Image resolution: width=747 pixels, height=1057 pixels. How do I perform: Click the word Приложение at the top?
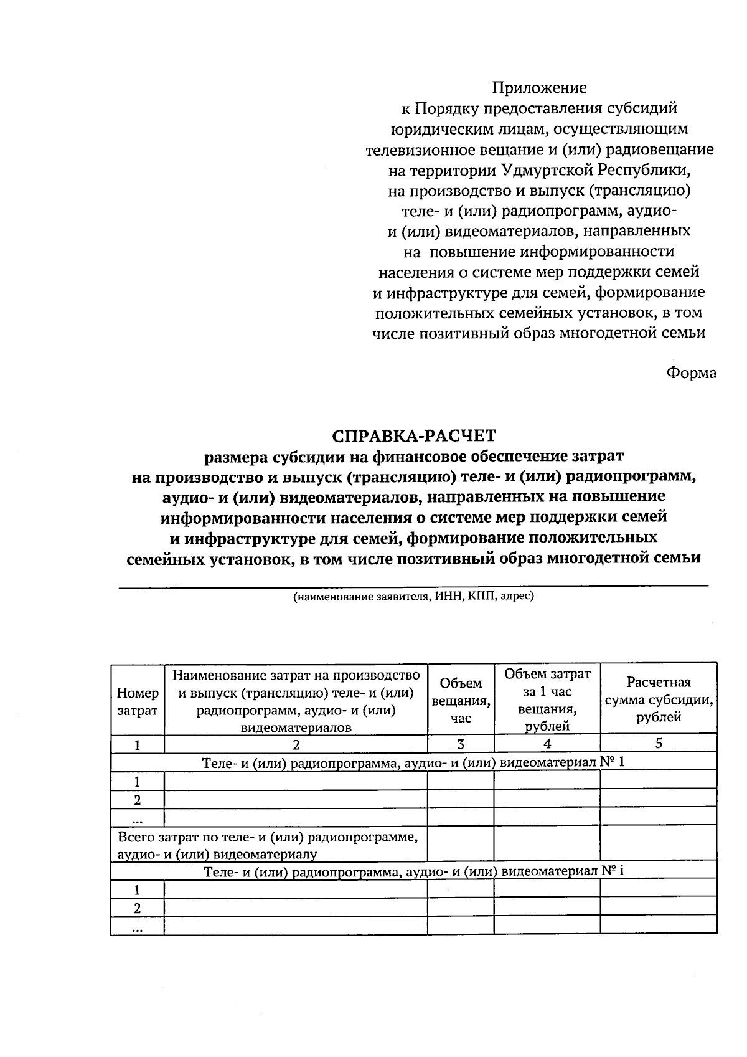coord(539,88)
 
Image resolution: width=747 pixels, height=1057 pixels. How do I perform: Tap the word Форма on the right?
coord(691,373)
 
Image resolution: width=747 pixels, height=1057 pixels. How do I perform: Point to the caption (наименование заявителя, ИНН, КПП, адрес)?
coord(414,596)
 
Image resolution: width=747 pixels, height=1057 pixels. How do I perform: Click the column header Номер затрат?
coord(138,701)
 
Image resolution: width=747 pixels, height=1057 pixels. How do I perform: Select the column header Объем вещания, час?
coord(461,701)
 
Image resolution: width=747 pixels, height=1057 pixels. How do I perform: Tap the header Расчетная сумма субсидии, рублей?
coord(659,699)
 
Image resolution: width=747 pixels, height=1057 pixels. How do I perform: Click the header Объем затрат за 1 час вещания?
coord(547,699)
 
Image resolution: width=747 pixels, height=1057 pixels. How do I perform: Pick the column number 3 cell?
coord(461,744)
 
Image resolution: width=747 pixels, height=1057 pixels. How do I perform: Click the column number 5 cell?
coord(659,743)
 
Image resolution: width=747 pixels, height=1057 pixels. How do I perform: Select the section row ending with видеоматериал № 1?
coord(414,762)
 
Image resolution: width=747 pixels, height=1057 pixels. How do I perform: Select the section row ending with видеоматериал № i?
coord(414,871)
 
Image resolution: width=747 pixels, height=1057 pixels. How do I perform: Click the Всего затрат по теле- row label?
coord(268,845)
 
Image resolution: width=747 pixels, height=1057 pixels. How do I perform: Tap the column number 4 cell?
coord(547,744)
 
